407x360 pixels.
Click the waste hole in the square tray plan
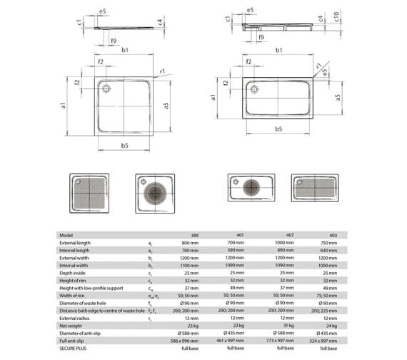tap(106, 89)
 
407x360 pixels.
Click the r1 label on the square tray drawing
tap(163, 71)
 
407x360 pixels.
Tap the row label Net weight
tap(73, 326)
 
